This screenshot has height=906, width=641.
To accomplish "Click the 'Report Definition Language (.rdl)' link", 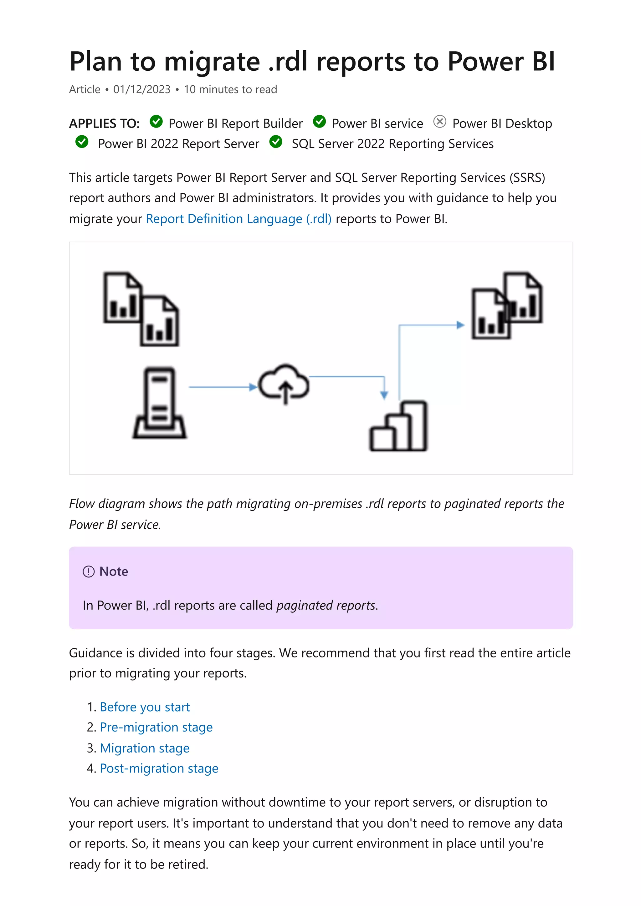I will [238, 219].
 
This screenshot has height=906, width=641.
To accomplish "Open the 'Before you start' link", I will [145, 707].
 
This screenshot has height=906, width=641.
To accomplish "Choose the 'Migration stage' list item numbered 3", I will [145, 748].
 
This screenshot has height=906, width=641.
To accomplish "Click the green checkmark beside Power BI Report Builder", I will [156, 122].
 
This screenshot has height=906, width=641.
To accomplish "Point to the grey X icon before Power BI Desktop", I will [439, 122].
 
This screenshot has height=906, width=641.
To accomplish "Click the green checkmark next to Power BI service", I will [319, 122].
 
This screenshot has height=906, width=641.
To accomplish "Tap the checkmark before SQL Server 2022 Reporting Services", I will [276, 142].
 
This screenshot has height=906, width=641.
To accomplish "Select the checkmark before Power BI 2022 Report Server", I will [82, 142].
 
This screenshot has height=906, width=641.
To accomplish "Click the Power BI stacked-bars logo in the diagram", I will [398, 426].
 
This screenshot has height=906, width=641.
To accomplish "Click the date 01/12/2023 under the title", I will [142, 90].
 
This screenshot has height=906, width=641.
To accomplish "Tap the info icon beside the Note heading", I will [89, 571].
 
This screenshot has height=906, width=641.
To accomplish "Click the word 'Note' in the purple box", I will [114, 571].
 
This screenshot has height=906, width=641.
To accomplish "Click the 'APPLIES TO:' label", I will [104, 123].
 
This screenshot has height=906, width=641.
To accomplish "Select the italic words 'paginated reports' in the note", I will [326, 605].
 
